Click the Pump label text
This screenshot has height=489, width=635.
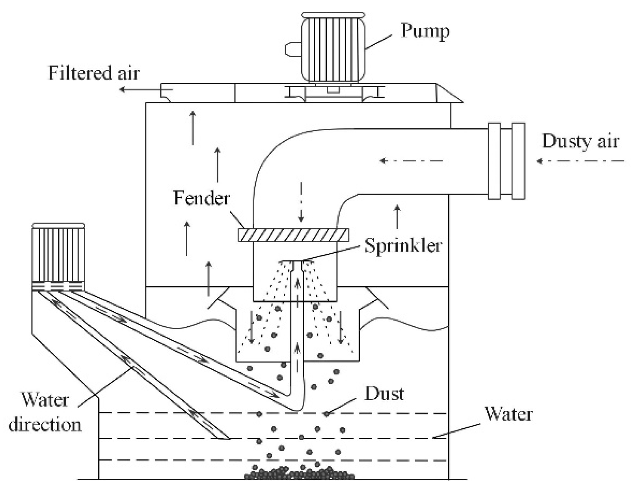[x=425, y=31]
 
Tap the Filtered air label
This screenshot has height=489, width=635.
[x=94, y=73]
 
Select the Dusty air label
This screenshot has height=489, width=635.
[x=580, y=141]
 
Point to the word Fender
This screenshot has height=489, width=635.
[x=201, y=198]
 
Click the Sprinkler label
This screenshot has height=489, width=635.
[x=403, y=246]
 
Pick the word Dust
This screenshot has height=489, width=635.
[x=384, y=394]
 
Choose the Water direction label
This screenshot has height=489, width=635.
[x=45, y=412]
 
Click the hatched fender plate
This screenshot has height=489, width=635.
[x=293, y=235]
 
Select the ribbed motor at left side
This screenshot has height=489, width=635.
[x=58, y=252]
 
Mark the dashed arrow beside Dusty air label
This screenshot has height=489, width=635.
[x=580, y=161]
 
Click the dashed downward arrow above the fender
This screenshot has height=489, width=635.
[x=301, y=202]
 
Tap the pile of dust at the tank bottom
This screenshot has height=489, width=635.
[x=299, y=473]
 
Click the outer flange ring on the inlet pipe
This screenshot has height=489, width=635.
[x=518, y=161]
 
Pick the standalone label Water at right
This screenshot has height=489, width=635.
[x=508, y=414]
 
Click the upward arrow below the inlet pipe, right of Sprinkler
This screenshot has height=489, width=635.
[x=397, y=217]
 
